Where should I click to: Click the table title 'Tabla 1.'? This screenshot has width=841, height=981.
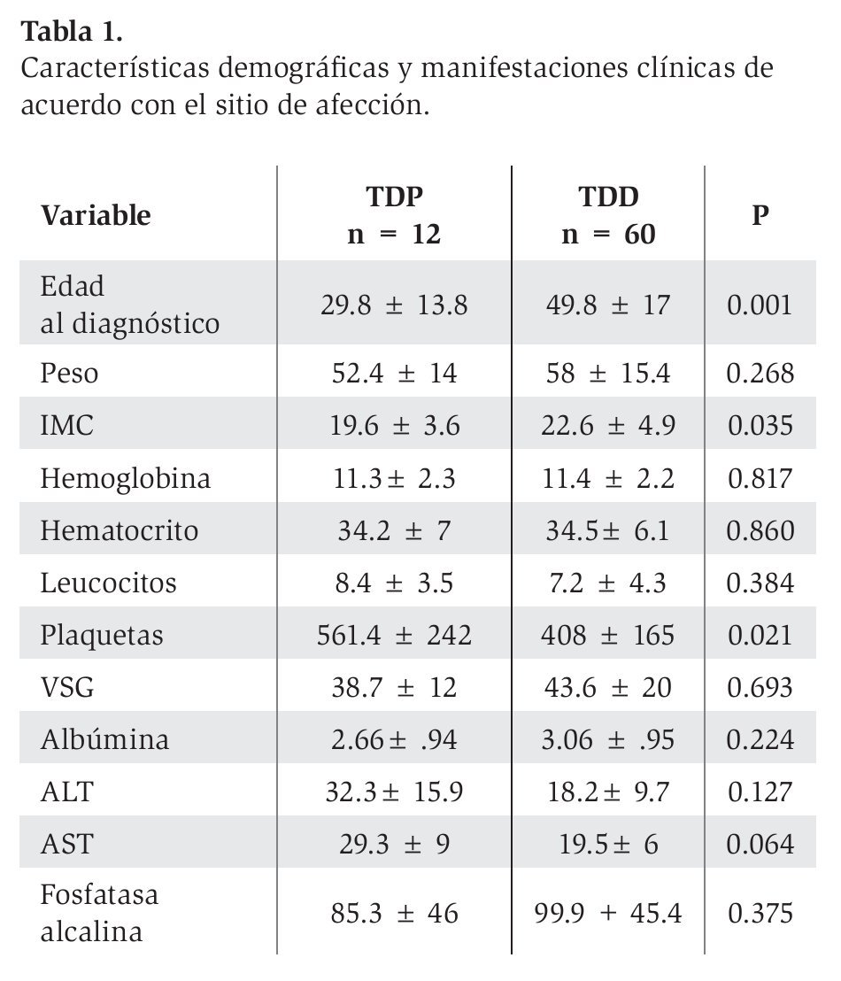[72, 32]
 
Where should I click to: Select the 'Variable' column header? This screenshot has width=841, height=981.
[96, 215]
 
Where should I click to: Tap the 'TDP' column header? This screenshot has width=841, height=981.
[394, 197]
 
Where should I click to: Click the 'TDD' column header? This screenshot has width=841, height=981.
[608, 197]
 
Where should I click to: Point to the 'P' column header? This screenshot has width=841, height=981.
[760, 215]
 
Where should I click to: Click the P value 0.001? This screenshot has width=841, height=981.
[760, 305]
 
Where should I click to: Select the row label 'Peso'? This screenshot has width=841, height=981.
[69, 374]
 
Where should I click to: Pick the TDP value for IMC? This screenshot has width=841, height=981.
[394, 426]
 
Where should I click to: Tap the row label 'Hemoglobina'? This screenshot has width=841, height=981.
[126, 479]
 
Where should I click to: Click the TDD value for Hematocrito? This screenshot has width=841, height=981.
[608, 531]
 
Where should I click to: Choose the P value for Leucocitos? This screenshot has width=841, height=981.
[760, 583]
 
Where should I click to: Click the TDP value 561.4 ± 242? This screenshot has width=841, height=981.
[394, 636]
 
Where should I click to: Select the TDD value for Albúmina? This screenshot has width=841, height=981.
[608, 740]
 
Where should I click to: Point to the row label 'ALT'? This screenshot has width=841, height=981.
[65, 792]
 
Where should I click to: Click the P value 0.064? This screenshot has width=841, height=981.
[760, 845]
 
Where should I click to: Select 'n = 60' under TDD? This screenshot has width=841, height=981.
[608, 236]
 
